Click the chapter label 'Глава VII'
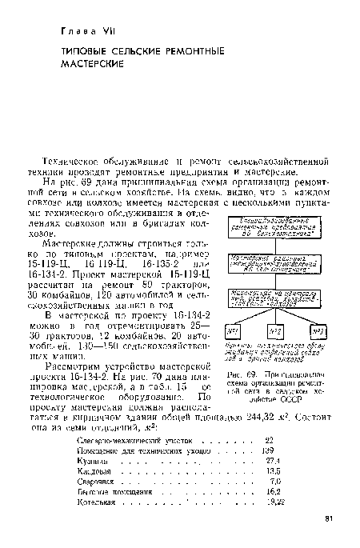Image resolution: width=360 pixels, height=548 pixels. click(x=87, y=31)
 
